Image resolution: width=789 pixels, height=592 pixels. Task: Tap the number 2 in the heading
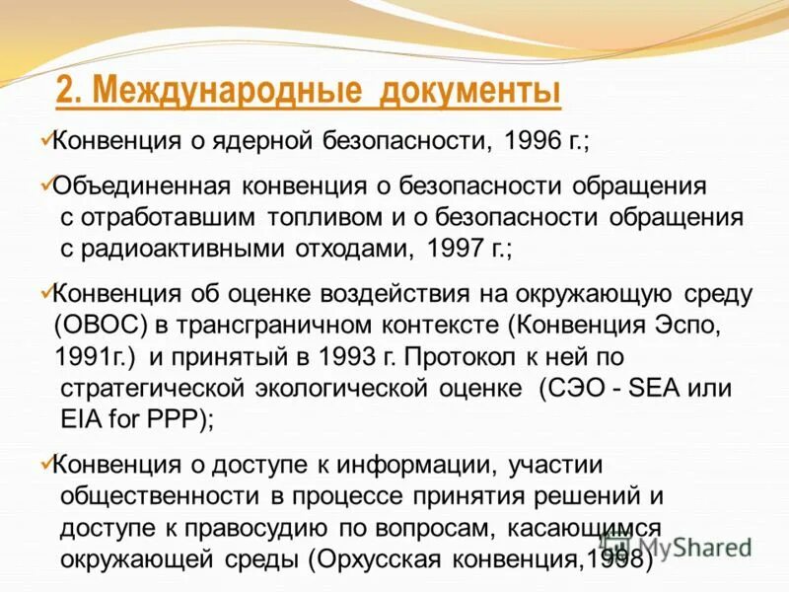click(65, 93)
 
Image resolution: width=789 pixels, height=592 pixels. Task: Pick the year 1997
click(456, 247)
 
